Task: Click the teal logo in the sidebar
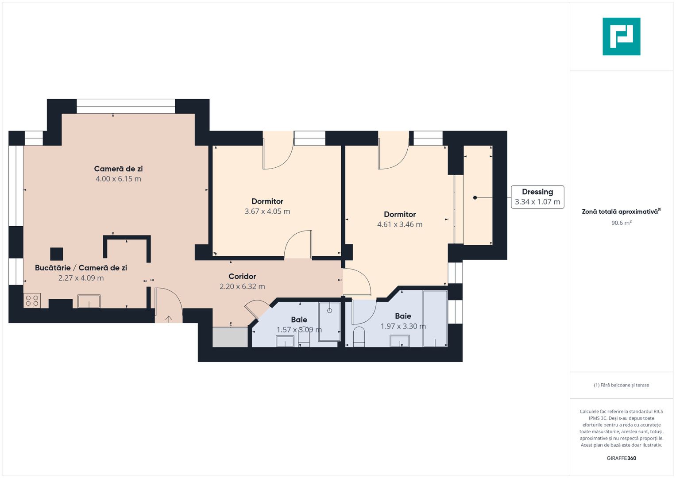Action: (x=621, y=36)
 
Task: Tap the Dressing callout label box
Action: (x=537, y=197)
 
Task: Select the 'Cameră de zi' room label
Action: (x=118, y=169)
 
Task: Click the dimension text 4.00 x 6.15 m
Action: (x=118, y=179)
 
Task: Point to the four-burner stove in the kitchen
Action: (x=32, y=301)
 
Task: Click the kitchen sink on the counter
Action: (x=89, y=301)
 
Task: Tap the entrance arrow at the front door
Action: (x=169, y=318)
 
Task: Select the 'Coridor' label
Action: (x=242, y=277)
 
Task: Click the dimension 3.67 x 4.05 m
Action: (x=267, y=212)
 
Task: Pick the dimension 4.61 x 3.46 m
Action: (x=400, y=224)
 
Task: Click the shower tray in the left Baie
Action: (x=329, y=322)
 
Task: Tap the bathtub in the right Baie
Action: (x=435, y=318)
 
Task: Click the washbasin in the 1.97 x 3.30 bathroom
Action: (x=400, y=341)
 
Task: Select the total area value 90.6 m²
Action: (x=621, y=223)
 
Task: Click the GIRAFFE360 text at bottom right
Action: (x=621, y=458)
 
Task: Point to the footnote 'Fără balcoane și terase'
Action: (x=621, y=385)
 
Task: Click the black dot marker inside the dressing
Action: (x=475, y=198)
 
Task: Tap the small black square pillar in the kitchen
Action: (x=56, y=254)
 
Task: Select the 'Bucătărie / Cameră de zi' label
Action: (x=81, y=268)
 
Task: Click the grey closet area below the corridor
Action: (x=230, y=338)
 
